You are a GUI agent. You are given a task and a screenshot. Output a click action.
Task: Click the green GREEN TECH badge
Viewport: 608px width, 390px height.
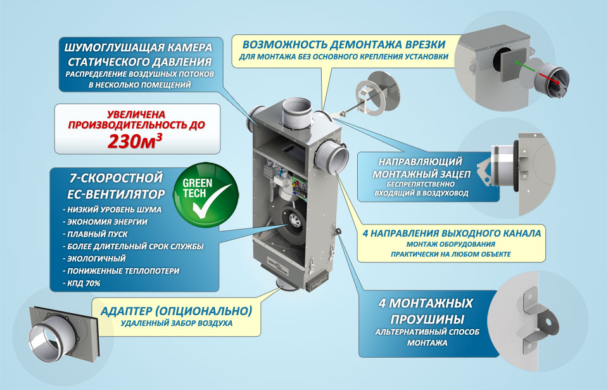[205, 195]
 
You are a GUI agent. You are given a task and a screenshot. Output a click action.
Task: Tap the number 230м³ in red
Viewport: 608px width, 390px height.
[134, 141]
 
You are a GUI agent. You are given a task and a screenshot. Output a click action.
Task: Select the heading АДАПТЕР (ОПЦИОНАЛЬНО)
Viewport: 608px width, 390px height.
[177, 311]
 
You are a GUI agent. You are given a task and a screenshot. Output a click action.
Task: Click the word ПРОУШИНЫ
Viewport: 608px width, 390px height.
[427, 320]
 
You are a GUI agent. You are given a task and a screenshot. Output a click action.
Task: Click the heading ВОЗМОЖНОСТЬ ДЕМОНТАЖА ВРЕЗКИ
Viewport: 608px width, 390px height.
[344, 44]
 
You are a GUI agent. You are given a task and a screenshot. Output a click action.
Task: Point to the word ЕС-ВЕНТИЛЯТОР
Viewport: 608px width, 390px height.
[116, 194]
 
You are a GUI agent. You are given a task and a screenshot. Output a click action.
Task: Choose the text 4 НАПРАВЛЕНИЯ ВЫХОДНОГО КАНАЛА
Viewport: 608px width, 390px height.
[452, 233]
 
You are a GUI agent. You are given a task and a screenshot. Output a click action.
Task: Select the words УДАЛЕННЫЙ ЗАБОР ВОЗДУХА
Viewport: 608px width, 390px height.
[177, 323]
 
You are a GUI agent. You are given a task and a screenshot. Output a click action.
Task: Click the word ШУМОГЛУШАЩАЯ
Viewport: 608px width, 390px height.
[110, 48]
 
